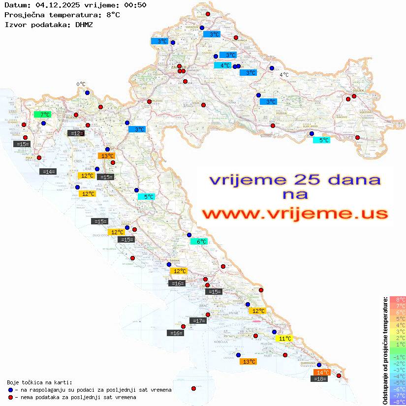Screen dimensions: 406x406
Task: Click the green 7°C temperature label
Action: point(42,115)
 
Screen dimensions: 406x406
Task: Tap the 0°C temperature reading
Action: point(81,85)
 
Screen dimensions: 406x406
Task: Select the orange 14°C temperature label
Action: point(320,373)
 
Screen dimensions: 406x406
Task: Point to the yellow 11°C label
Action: point(284,339)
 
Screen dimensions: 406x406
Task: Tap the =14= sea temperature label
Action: point(48,172)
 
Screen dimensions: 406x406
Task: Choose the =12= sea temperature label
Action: point(76,133)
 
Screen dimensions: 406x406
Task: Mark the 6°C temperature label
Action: point(199,242)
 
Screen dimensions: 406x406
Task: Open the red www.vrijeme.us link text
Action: point(294,214)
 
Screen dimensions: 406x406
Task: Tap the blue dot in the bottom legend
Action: point(10,390)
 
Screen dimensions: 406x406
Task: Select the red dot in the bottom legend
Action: point(10,397)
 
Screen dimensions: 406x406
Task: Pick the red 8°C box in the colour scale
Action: point(398,299)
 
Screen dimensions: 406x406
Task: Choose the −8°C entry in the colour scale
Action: point(398,402)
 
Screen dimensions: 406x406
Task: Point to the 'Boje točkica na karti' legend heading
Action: point(39,382)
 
